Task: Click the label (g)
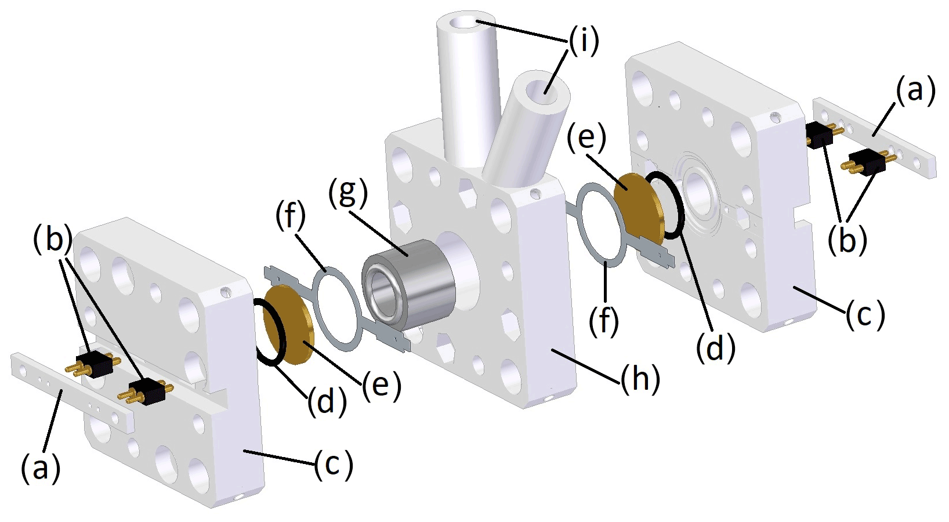tap(347, 193)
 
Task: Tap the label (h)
tap(640, 380)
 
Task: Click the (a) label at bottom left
tap(41, 467)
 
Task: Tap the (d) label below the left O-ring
tap(327, 400)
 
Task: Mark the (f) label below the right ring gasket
tap(604, 320)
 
